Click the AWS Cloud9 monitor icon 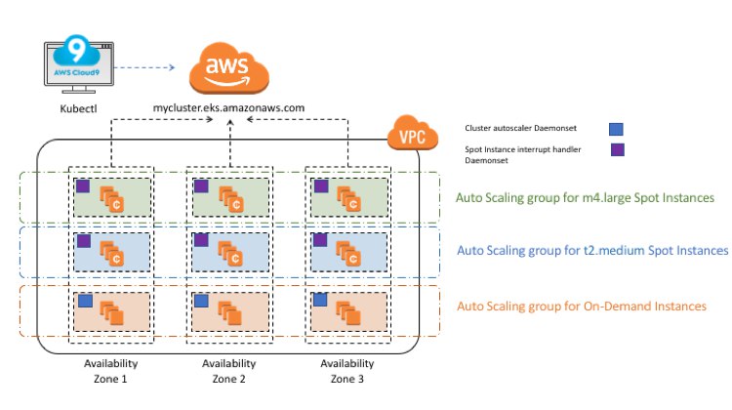pos(79,63)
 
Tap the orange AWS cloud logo pos(228,68)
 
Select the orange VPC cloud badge pos(413,133)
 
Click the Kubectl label pos(78,108)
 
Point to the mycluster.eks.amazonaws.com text pos(228,108)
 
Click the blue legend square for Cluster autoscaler pos(616,129)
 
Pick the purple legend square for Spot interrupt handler pos(618,149)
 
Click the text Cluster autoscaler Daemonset pos(520,128)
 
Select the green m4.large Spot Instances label pos(585,198)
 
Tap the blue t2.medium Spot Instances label pos(592,251)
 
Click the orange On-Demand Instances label pos(582,307)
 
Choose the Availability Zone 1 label pos(110,371)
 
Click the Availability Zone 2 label pos(228,371)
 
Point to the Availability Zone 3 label pos(346,371)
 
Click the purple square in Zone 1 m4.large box pos(83,185)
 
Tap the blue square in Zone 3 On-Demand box pos(320,300)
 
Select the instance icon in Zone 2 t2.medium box pos(230,254)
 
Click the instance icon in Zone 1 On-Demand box pos(111,313)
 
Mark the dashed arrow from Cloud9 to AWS pos(144,67)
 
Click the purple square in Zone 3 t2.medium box pos(320,240)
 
